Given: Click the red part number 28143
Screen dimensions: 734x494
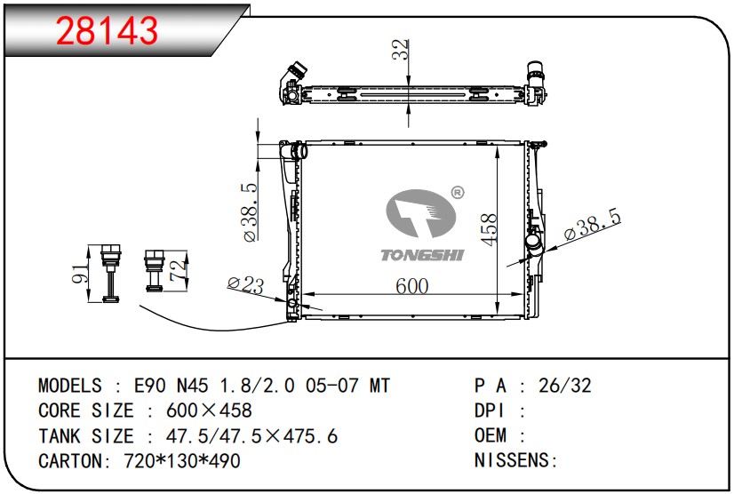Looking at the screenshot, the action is point(108,30).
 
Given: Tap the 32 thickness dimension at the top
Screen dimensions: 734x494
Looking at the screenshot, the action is point(400,50).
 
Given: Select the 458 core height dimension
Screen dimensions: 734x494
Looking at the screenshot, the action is point(489,229).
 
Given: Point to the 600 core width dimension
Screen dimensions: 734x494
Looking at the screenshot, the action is point(412,286).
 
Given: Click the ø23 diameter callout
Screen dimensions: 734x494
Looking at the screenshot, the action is point(246,284).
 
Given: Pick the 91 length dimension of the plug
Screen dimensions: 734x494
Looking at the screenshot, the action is point(80,273).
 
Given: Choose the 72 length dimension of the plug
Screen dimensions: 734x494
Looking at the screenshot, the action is point(178,271).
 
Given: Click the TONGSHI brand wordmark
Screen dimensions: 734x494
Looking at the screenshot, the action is point(422,255).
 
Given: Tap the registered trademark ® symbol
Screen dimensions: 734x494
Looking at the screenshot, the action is point(458,193).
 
